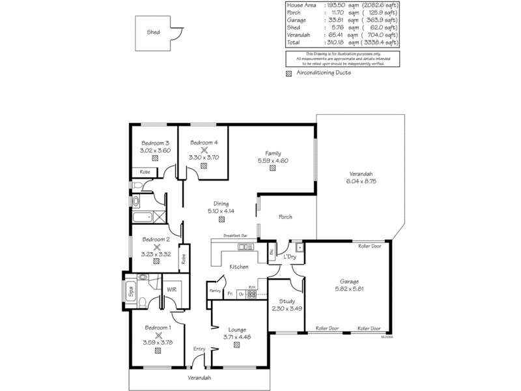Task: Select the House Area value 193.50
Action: coord(341,5)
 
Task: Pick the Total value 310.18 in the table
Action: coord(341,42)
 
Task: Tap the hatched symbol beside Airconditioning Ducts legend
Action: coord(289,73)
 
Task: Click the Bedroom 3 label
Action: coord(155,143)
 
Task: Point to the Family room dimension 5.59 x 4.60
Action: coord(273,160)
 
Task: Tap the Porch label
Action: coord(285,217)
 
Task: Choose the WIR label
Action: coord(173,289)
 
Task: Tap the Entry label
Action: coord(199,349)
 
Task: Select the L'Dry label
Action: coord(290,257)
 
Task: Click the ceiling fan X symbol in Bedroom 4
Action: coord(204,150)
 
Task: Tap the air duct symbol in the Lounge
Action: coord(236,345)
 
